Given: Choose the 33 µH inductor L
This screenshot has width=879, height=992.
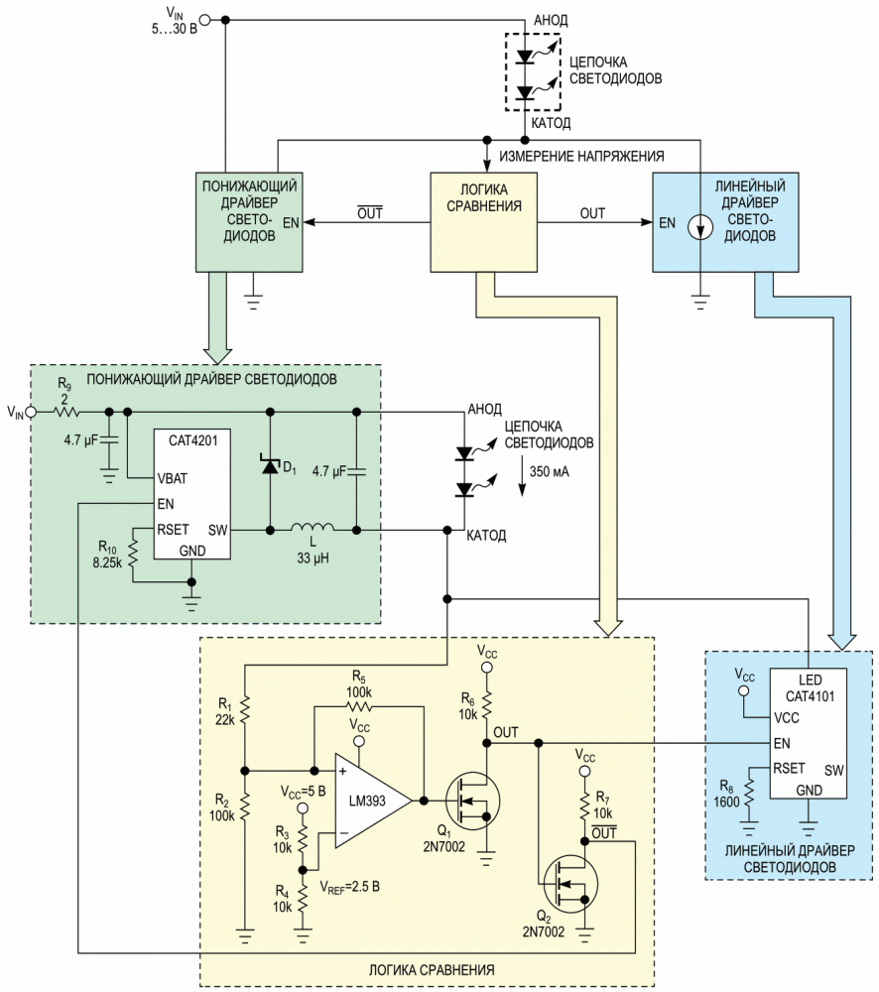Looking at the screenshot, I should click(312, 530).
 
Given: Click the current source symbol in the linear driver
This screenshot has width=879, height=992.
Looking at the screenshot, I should click(700, 228).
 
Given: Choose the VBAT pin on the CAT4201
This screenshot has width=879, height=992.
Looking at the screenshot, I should click(174, 478).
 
